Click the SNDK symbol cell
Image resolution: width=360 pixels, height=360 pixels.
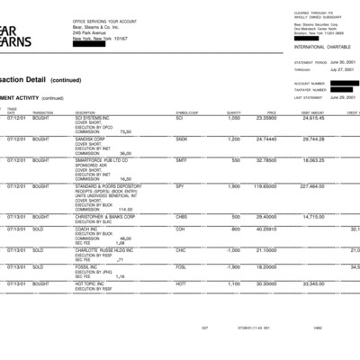tap(182, 139)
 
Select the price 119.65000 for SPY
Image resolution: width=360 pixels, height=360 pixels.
tap(263, 186)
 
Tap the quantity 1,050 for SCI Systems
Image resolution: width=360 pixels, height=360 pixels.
tap(234, 118)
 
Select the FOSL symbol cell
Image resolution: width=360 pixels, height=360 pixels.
tap(181, 266)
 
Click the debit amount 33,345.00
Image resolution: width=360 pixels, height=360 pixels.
tap(312, 283)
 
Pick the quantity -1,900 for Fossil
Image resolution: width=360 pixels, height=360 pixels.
tap(232, 266)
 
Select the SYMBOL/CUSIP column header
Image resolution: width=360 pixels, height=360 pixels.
tap(185, 112)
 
